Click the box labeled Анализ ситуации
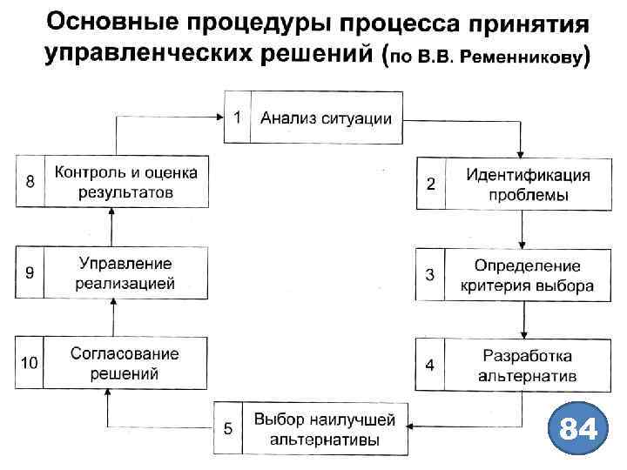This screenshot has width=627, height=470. click(326, 118)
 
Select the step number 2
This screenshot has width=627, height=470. click(430, 185)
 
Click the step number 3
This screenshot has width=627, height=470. click(429, 275)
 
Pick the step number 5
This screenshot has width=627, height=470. click(228, 429)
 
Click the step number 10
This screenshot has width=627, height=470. click(30, 363)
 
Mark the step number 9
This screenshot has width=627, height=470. click(30, 272)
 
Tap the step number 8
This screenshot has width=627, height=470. click(30, 182)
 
